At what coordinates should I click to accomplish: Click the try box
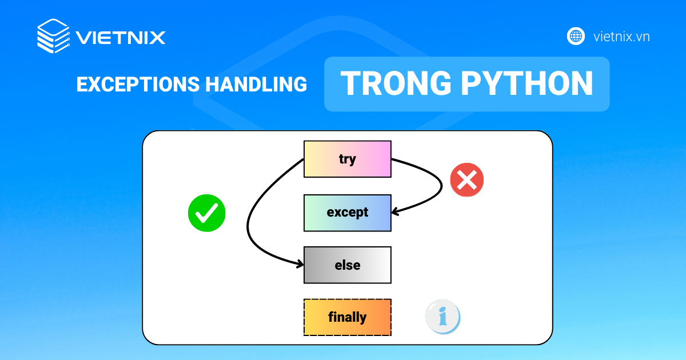click(348, 159)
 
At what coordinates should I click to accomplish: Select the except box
click(348, 213)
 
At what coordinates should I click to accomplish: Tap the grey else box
click(348, 265)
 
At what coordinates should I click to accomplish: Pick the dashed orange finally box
click(348, 317)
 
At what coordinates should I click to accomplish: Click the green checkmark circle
click(207, 213)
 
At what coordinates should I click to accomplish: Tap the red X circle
click(466, 179)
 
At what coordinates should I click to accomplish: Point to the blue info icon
click(442, 316)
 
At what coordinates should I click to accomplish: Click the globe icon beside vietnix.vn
click(576, 36)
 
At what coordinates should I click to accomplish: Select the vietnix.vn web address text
click(621, 37)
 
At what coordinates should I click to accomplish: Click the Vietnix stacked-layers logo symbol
click(53, 36)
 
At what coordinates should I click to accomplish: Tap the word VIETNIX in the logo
click(121, 37)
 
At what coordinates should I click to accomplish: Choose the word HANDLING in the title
click(256, 84)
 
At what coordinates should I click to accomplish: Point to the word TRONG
click(396, 83)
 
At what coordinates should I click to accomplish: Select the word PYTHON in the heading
click(527, 83)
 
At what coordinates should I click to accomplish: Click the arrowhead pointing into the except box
click(395, 211)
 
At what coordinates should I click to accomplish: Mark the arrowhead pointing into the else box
click(300, 264)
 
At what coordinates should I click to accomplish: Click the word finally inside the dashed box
click(348, 317)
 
